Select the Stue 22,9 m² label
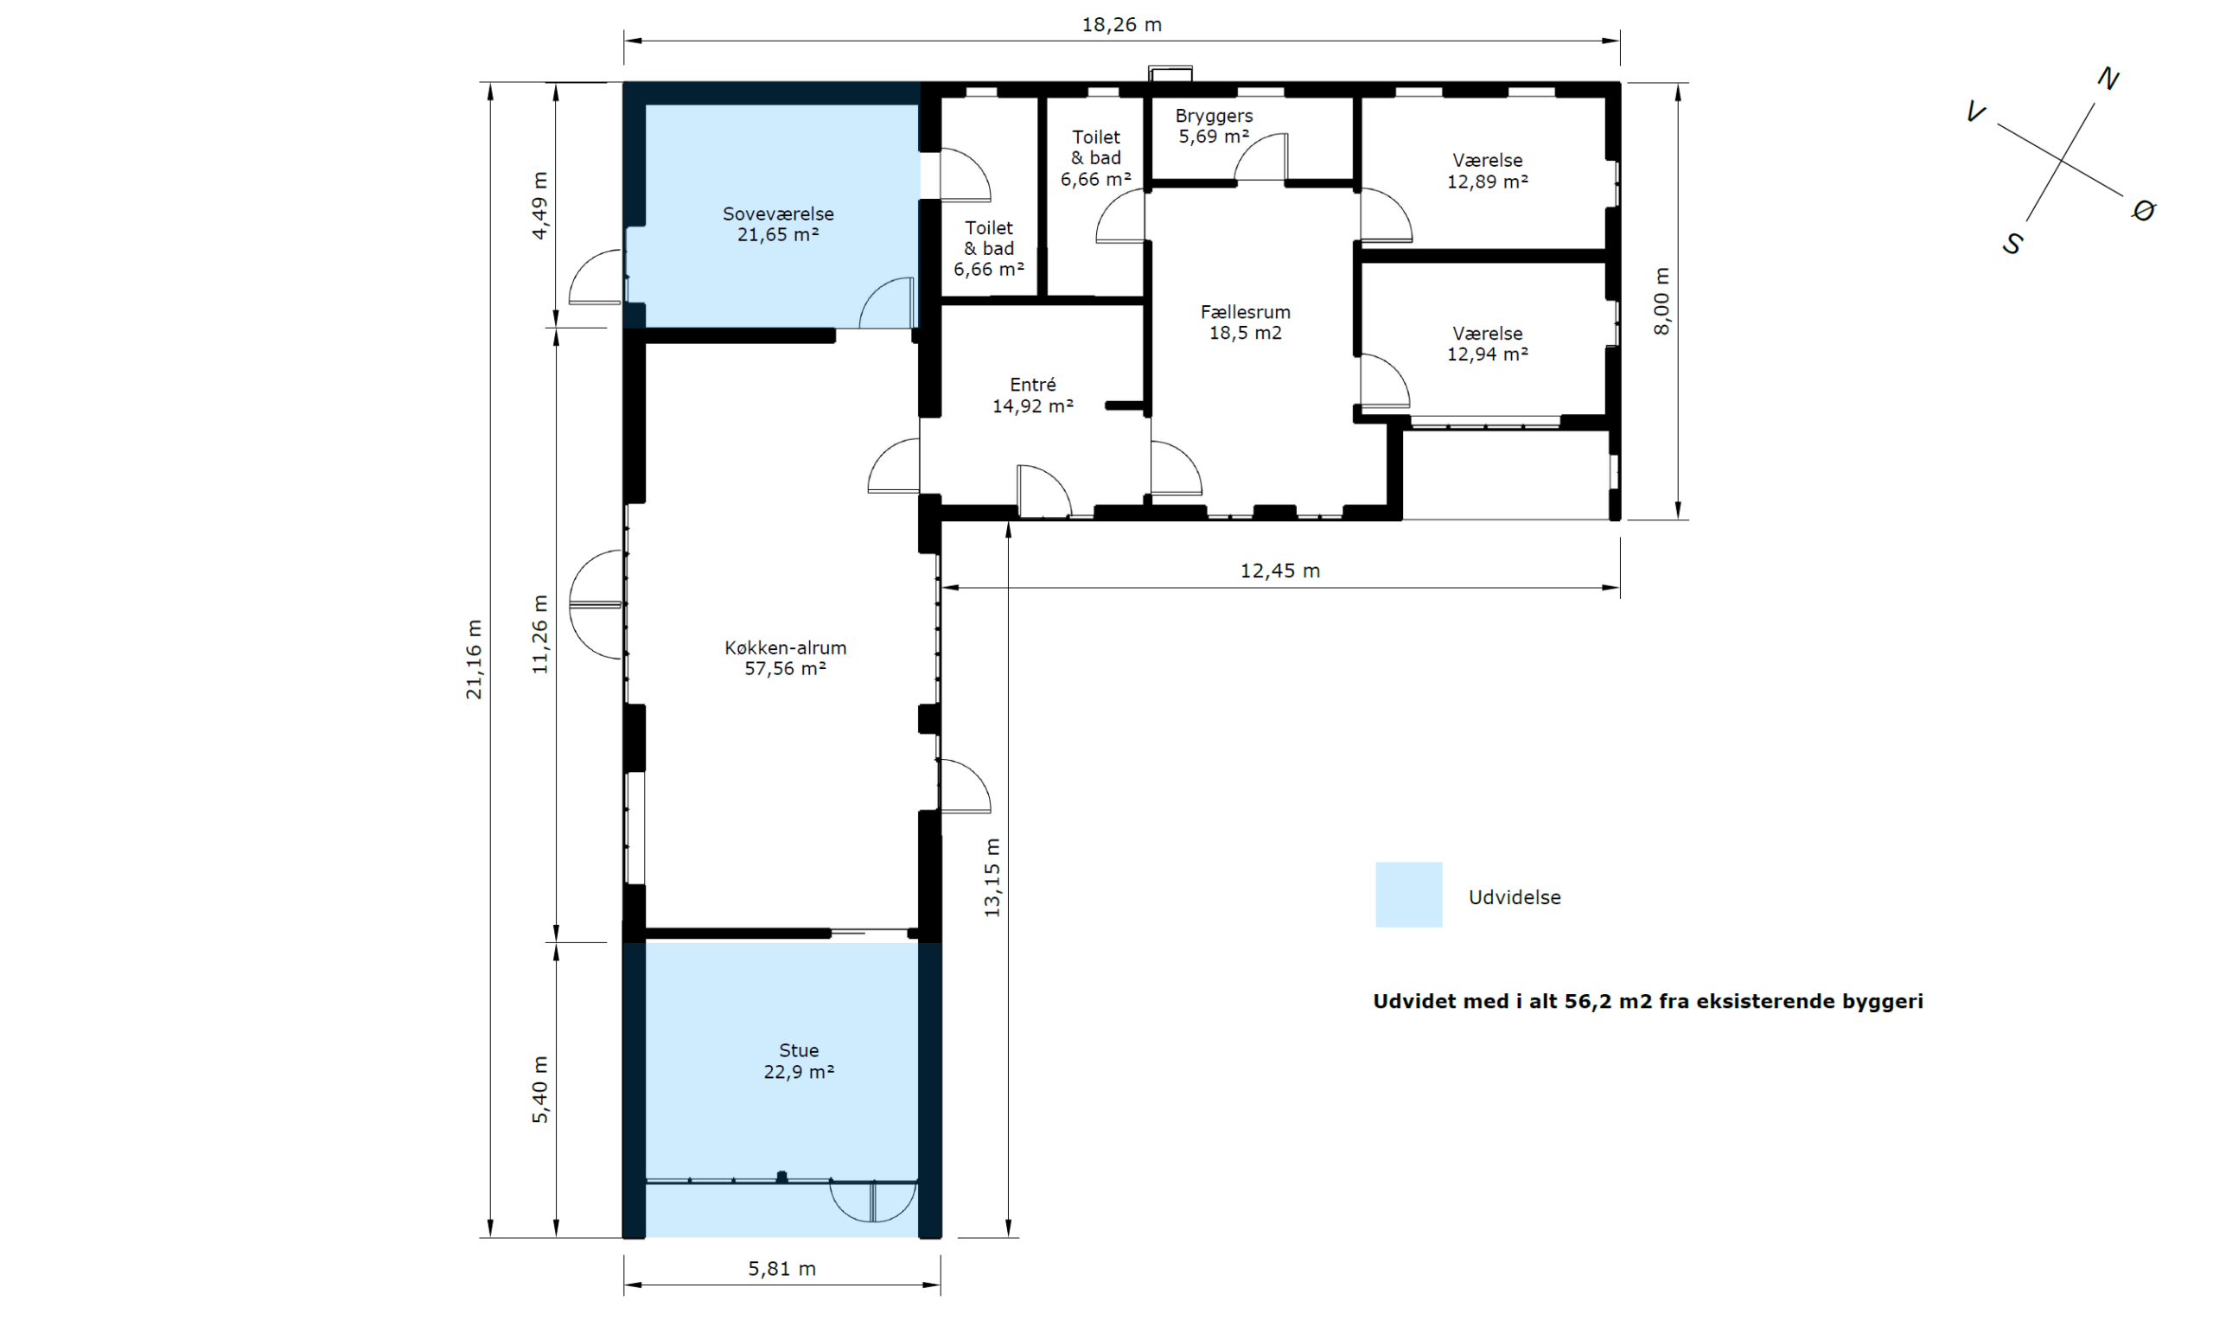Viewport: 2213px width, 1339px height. tap(800, 1061)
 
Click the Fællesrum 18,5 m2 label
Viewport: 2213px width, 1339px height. tap(1246, 322)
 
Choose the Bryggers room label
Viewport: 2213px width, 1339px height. tap(1215, 116)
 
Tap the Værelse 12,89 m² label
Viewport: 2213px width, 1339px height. tap(1488, 170)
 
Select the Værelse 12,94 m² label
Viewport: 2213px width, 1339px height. tap(1488, 343)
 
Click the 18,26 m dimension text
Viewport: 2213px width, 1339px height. tap(1122, 25)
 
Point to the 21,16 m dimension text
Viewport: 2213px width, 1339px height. tap(474, 660)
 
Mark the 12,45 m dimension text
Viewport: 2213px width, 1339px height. tap(1280, 571)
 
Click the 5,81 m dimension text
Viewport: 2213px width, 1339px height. tap(782, 1269)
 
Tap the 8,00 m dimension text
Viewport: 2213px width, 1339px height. tap(1661, 301)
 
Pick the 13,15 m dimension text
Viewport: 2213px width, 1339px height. tap(992, 877)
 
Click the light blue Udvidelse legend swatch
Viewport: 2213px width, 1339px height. tap(1408, 895)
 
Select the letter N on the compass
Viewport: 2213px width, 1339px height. tap(2108, 79)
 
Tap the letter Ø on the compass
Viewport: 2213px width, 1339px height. tap(2144, 211)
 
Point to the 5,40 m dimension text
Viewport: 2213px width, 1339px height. tap(539, 1089)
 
